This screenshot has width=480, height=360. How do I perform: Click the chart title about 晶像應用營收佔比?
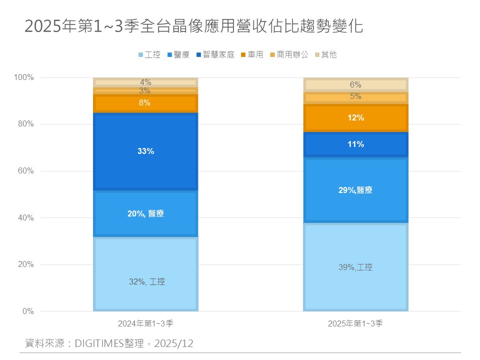(x=193, y=26)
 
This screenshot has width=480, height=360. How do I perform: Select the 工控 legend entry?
(x=149, y=55)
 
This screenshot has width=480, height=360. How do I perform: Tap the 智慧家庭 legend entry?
(x=215, y=55)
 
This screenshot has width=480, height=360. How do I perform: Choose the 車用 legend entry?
(x=252, y=55)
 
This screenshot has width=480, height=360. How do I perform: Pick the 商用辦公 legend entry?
(x=288, y=55)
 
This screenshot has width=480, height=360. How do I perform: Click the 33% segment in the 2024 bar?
(x=145, y=151)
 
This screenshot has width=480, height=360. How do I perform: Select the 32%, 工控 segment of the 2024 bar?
(x=145, y=274)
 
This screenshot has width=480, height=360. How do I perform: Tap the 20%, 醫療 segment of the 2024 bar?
(x=145, y=213)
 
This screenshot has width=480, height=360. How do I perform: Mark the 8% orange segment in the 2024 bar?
(x=145, y=103)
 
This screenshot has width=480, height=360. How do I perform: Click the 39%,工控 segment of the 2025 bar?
(x=355, y=267)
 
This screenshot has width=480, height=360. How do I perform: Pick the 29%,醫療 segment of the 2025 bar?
(x=355, y=190)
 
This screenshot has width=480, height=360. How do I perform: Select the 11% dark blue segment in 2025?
(x=355, y=144)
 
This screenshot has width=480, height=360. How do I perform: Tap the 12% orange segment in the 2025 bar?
(x=355, y=118)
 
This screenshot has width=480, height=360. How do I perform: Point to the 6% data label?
(x=355, y=85)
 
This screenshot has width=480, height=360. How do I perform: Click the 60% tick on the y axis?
(x=24, y=171)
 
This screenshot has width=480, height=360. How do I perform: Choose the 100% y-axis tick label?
(x=23, y=77)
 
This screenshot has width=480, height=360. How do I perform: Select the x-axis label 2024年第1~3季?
(x=145, y=323)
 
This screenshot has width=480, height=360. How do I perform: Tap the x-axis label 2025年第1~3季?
(x=355, y=323)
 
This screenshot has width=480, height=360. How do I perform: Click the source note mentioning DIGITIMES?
(x=109, y=343)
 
